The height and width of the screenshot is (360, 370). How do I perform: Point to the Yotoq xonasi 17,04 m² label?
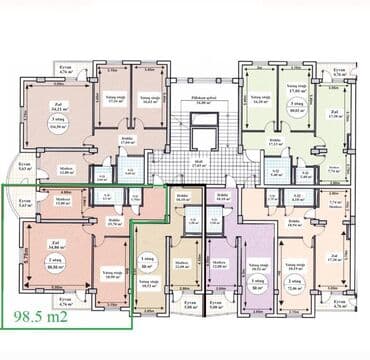[x=115, y=99]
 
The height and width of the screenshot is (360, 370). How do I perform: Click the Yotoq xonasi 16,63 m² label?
[x=151, y=99]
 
